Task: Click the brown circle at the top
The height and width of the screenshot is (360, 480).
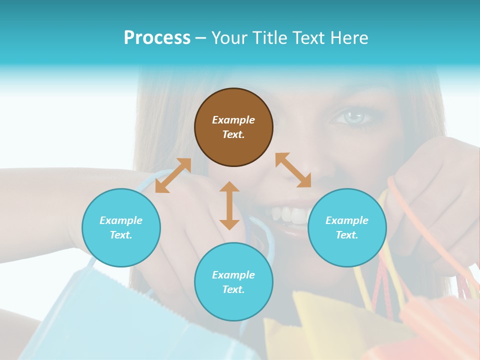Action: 233,127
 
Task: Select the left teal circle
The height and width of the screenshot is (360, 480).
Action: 121,227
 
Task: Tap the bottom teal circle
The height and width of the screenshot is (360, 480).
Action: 233,281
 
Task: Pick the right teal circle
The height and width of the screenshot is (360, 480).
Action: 347,227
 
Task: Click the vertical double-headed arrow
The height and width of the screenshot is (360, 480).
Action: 229,205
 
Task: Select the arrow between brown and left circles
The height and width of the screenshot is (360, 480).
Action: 173,175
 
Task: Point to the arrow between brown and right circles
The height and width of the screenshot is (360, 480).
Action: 293,170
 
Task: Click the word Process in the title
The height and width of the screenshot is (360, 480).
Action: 157,37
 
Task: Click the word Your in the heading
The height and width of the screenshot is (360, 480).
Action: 229,37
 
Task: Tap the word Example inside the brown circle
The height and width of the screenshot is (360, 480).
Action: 233,120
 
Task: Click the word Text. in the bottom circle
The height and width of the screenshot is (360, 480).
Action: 233,289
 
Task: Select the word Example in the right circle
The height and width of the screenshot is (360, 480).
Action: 347,220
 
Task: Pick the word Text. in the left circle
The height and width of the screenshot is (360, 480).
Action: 121,235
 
